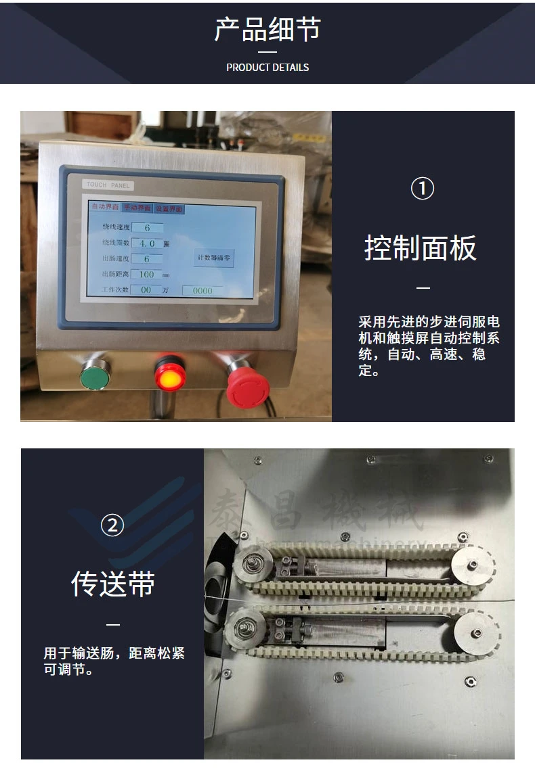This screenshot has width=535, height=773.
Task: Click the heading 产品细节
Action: [267, 30]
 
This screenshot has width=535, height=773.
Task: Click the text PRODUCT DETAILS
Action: [267, 68]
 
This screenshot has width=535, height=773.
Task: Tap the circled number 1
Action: [423, 189]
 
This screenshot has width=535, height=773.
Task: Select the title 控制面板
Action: [421, 248]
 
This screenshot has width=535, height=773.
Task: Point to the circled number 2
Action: [112, 525]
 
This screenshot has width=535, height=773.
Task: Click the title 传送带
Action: [113, 584]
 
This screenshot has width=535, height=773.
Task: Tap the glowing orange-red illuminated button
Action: [169, 376]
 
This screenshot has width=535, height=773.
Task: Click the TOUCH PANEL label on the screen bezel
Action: [109, 185]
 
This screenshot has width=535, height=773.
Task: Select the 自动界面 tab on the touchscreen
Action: [105, 206]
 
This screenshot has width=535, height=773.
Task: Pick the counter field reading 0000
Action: [202, 290]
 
